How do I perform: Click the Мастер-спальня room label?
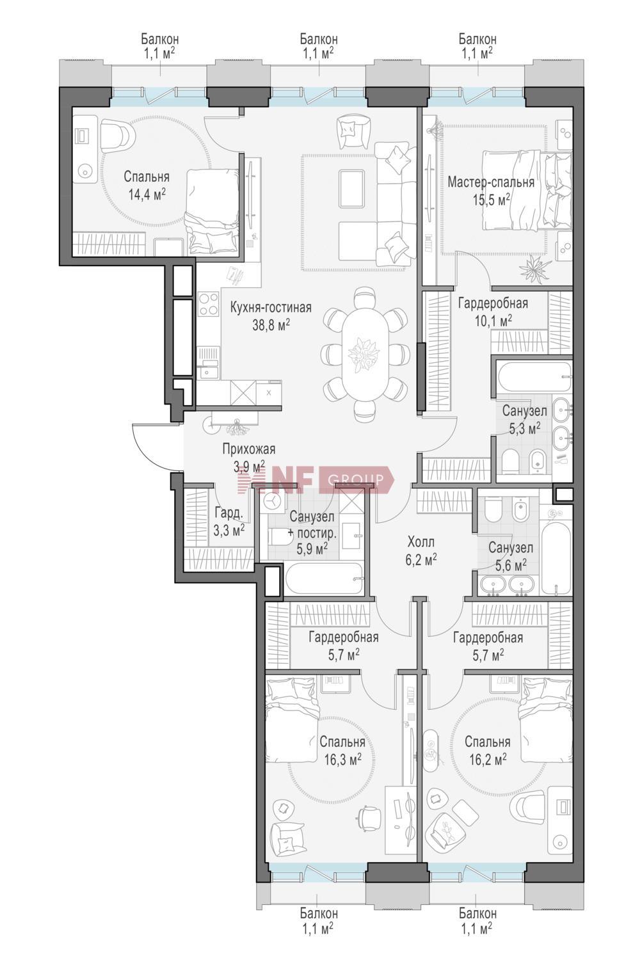491,182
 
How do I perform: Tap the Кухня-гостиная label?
271,307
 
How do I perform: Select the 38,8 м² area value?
271,324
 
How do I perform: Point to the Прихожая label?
248,449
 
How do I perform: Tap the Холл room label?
421,541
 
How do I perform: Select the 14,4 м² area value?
147,195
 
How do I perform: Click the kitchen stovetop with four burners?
209,304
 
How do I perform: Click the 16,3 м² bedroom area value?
343,760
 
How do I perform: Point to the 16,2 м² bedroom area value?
488,760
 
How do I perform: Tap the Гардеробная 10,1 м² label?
493,312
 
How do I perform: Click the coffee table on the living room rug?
352,188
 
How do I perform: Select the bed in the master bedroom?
527,190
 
